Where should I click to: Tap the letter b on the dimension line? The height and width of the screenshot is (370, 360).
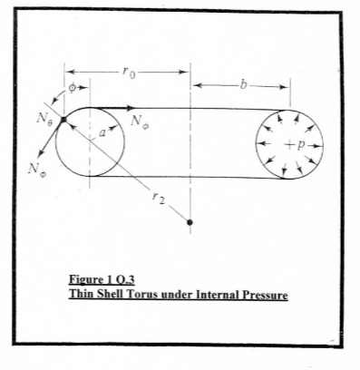(242, 85)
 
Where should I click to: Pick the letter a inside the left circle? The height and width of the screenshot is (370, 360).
(102, 132)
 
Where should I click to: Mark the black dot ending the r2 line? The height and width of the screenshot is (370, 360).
(190, 221)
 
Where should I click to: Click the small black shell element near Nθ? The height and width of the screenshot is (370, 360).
(63, 120)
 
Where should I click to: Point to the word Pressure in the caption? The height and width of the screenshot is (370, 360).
(258, 294)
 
